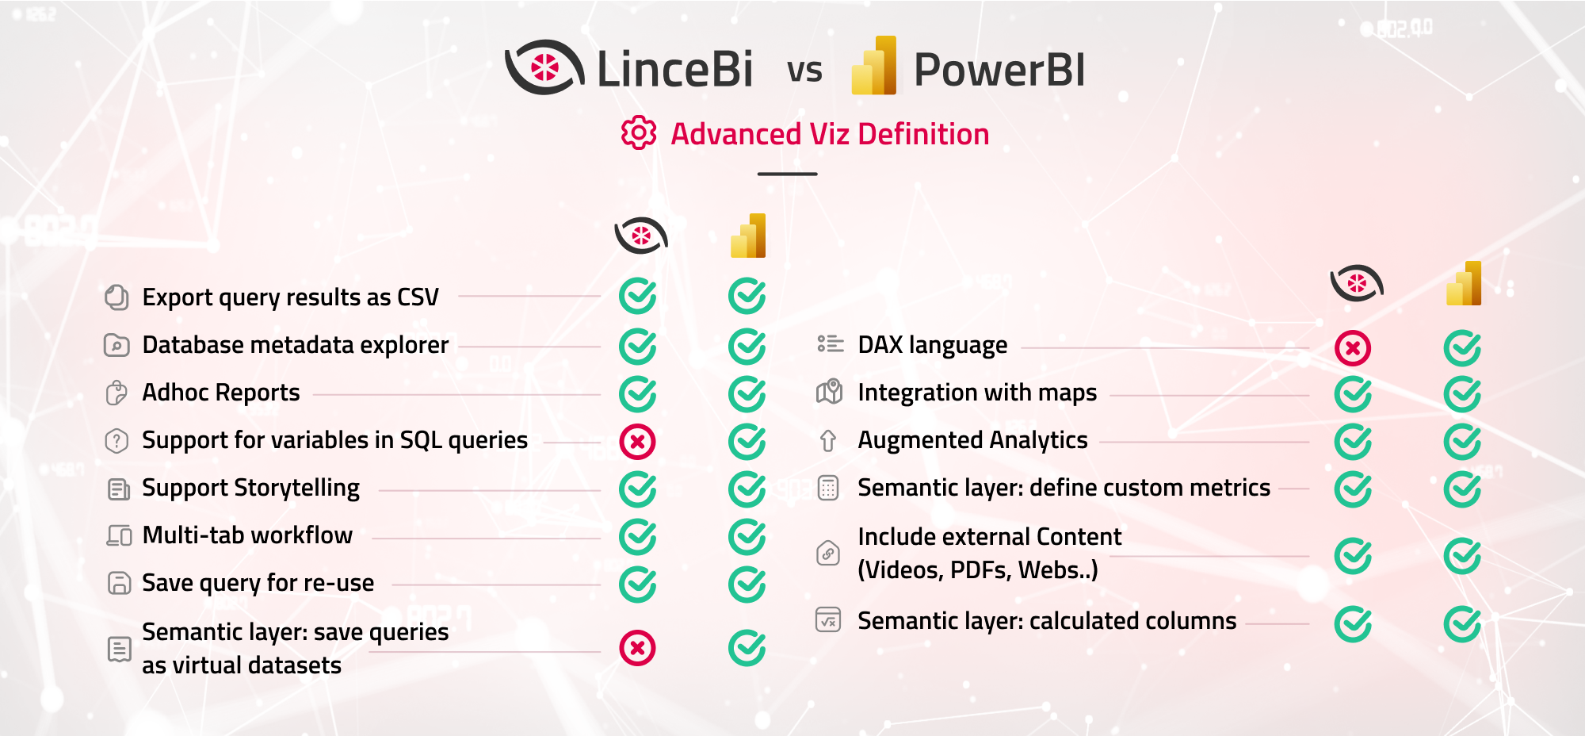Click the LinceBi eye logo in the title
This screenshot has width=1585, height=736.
544,67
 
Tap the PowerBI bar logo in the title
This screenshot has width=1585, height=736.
874,67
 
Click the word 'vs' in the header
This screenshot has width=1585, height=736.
804,71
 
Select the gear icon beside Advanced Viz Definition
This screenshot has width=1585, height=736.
639,133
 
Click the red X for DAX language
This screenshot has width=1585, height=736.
1352,348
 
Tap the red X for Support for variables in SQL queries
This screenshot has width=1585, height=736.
637,442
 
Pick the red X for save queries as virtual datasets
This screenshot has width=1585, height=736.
637,648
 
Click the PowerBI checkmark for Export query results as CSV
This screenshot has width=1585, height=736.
747,297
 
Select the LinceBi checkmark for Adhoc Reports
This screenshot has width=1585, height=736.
637,394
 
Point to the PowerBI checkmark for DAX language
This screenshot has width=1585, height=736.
1461,348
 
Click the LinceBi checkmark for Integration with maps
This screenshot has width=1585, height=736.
1352,394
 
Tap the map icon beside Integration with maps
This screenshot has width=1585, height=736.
829,392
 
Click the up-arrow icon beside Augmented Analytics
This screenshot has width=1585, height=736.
828,441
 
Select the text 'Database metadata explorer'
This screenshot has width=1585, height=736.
295,345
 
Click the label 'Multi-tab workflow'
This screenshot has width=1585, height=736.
247,535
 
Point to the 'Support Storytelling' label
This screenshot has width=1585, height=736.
250,488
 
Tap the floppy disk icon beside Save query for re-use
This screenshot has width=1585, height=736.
119,583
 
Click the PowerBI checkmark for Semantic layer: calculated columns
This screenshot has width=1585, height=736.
1461,624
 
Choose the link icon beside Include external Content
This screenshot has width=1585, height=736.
828,553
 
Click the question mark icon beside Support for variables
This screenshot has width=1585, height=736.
116,440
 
